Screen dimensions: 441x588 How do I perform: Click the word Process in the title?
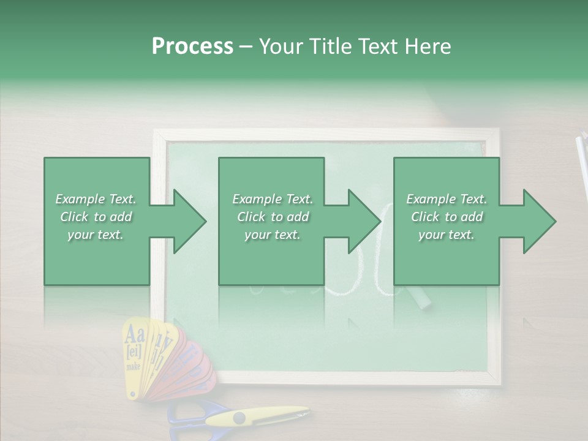pos(192,47)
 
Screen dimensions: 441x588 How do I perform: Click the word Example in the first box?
pos(80,199)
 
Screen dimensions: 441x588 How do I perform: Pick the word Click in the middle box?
pos(251,217)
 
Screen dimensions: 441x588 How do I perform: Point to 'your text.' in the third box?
pos(446,235)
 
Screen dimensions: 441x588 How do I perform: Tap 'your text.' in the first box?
pos(96,235)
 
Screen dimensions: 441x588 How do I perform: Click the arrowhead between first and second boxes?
pos(184,221)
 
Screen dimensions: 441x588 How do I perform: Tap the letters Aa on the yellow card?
pos(135,335)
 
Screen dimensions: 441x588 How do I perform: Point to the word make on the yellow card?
pos(133,366)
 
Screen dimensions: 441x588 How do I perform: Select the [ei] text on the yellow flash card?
pos(134,352)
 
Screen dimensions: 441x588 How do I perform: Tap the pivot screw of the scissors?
pos(239,418)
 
